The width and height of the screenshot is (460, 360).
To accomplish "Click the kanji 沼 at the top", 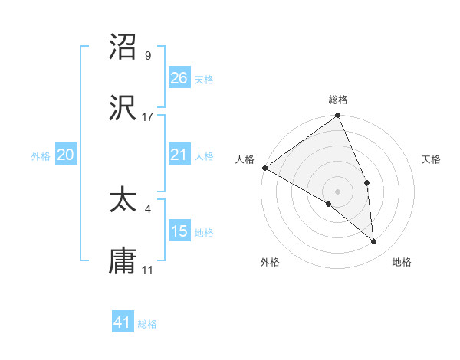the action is pyautogui.click(x=123, y=47).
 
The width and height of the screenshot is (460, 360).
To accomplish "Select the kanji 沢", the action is pyautogui.click(x=123, y=110).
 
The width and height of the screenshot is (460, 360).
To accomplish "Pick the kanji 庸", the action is pyautogui.click(x=123, y=262).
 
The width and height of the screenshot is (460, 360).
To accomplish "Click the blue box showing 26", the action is pyautogui.click(x=179, y=77).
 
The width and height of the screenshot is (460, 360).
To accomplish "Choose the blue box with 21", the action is pyautogui.click(x=179, y=155).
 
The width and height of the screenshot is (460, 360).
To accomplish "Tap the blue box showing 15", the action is pyautogui.click(x=179, y=231).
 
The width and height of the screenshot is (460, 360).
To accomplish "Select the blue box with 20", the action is pyautogui.click(x=66, y=155).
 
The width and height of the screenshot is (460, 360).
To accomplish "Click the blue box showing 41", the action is pyautogui.click(x=123, y=322).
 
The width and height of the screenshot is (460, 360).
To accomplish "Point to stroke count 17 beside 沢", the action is pyautogui.click(x=148, y=117).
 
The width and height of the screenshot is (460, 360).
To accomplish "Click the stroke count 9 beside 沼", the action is pyautogui.click(x=147, y=55).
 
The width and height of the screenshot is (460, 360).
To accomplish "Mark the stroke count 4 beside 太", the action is pyautogui.click(x=147, y=208).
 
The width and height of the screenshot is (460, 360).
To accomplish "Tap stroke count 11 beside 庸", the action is pyautogui.click(x=148, y=270).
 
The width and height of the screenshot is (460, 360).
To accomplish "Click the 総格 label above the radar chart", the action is pyautogui.click(x=338, y=100).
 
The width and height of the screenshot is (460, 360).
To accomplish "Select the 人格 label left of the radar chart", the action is pyautogui.click(x=244, y=159).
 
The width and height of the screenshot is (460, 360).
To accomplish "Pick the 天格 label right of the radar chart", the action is pyautogui.click(x=432, y=159).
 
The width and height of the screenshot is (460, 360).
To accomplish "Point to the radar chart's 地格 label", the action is pyautogui.click(x=402, y=262).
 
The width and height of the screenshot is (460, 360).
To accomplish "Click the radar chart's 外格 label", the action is pyautogui.click(x=270, y=262).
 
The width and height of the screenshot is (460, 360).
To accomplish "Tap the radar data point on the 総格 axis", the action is pyautogui.click(x=337, y=116).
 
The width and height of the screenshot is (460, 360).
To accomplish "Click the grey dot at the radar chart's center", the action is pyautogui.click(x=337, y=191).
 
